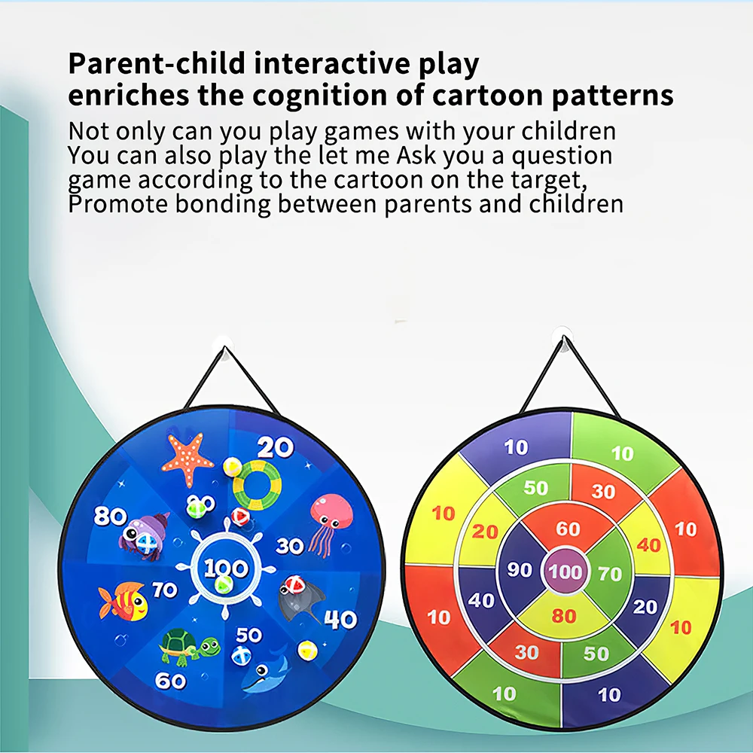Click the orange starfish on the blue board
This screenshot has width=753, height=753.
187,459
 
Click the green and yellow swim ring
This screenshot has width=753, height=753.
256,486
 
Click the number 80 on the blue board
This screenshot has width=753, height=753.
110,517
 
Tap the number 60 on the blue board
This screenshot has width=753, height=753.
170,681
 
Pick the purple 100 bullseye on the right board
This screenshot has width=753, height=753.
565,571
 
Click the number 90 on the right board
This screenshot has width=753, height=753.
520,570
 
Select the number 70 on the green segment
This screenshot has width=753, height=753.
610,575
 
